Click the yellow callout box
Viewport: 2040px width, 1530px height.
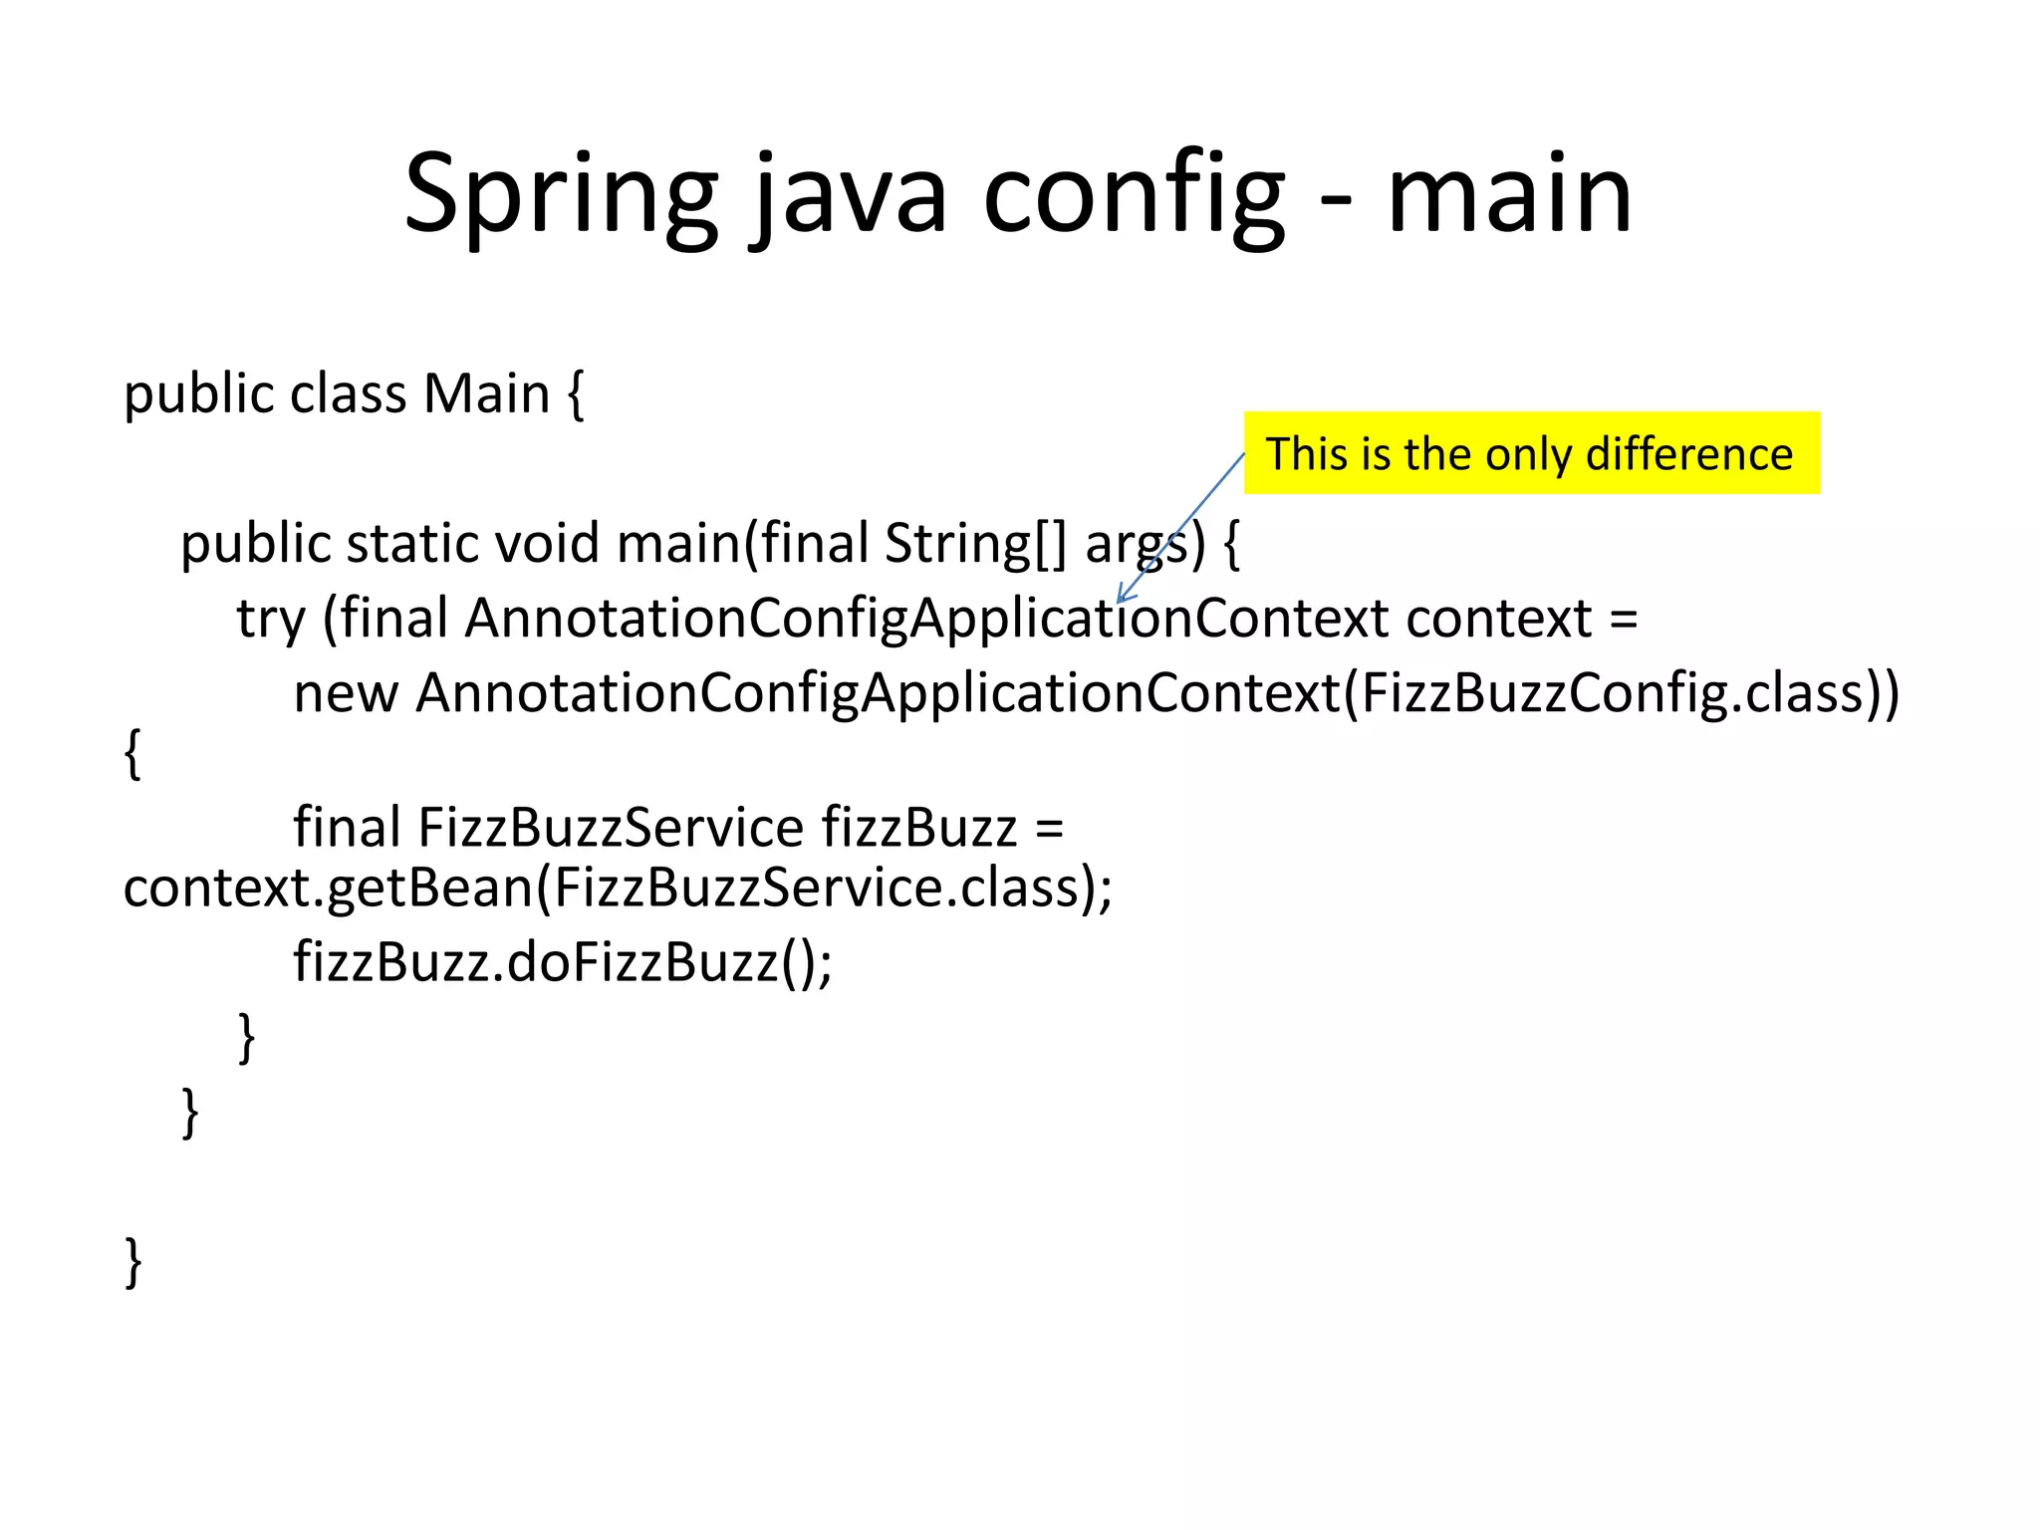click(1531, 453)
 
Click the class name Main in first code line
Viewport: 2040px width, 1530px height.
click(486, 393)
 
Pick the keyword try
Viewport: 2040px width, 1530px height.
click(270, 619)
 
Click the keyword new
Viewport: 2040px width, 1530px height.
click(345, 693)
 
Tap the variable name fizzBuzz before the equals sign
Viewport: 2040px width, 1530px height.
click(918, 828)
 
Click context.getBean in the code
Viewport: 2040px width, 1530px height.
click(329, 888)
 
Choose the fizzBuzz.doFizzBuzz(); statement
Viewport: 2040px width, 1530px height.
click(563, 962)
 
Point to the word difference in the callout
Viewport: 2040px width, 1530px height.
click(1689, 454)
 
